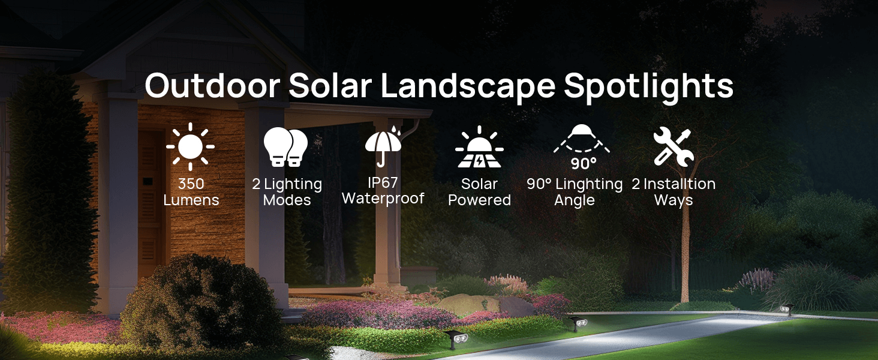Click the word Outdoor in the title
point(212,85)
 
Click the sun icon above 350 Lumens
point(191,146)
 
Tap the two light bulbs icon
point(285,147)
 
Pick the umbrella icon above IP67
point(383,146)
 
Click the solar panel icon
point(479,147)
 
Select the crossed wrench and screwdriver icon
point(673,146)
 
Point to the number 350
point(191,184)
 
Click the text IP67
point(383,182)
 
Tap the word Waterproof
point(383,199)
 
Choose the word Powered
point(479,200)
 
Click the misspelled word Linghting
point(589,184)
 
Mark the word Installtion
point(679,184)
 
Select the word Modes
point(287,200)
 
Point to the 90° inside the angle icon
point(584,164)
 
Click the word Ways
point(673,200)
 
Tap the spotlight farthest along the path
point(786,310)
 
